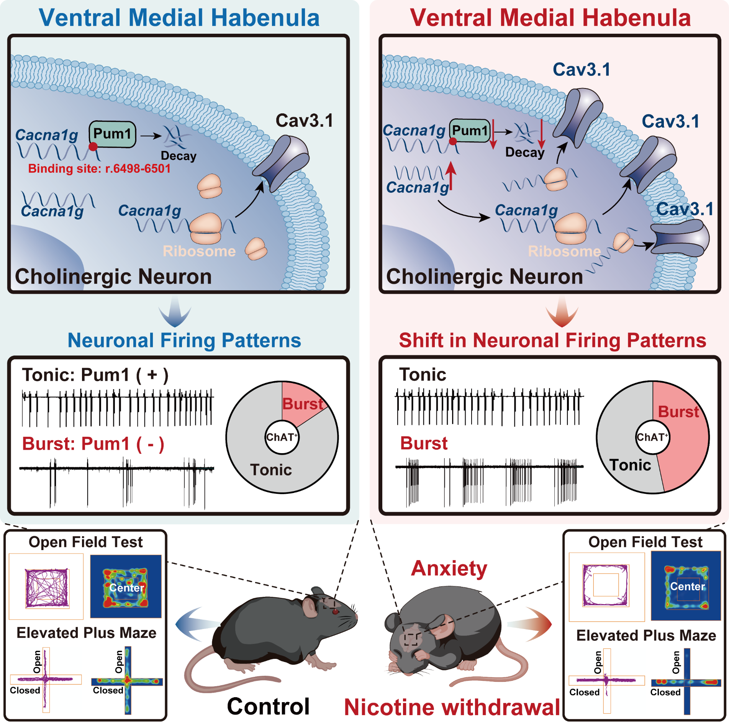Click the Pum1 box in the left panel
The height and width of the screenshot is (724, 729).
tap(112, 134)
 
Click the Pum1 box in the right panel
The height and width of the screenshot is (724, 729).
tap(470, 131)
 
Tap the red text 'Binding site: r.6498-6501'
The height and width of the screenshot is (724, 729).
tap(99, 169)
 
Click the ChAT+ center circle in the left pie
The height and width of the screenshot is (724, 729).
tap(282, 437)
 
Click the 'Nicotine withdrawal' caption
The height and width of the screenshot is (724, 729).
tap(452, 707)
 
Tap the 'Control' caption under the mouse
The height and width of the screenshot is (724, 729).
tap(268, 706)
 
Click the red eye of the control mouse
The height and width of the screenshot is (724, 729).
tap(336, 611)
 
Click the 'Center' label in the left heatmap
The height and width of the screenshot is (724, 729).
tap(126, 588)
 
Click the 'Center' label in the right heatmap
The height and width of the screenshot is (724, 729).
tap(687, 586)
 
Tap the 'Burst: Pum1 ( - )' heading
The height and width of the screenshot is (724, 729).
tap(93, 444)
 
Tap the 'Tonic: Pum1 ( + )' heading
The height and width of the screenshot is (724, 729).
tap(95, 375)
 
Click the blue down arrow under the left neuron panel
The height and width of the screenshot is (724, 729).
tap(175, 312)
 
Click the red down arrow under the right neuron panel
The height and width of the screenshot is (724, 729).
tap(562, 312)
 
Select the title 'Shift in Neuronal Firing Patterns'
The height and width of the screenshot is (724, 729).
tap(552, 340)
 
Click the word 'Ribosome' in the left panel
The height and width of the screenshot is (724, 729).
tap(199, 251)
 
